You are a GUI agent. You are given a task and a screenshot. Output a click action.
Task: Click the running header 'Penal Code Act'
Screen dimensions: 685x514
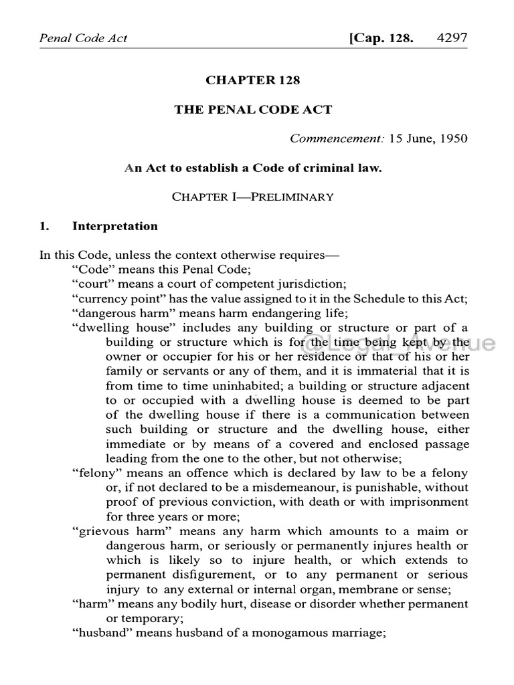[84, 37]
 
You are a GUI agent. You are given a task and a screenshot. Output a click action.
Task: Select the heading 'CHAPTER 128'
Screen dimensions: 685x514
[253, 80]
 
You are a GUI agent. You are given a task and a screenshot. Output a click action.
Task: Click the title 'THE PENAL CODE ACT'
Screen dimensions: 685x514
[253, 110]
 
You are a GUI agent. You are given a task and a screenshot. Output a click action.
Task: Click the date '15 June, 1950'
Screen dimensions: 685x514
[428, 139]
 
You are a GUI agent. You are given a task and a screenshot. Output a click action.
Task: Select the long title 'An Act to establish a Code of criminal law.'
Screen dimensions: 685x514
[253, 168]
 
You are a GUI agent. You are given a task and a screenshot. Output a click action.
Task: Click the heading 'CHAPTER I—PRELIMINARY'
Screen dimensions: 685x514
[253, 197]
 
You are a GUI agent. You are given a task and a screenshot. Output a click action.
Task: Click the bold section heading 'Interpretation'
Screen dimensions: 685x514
[115, 226]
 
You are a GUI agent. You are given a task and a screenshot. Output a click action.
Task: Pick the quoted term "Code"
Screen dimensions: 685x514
[90, 269]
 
